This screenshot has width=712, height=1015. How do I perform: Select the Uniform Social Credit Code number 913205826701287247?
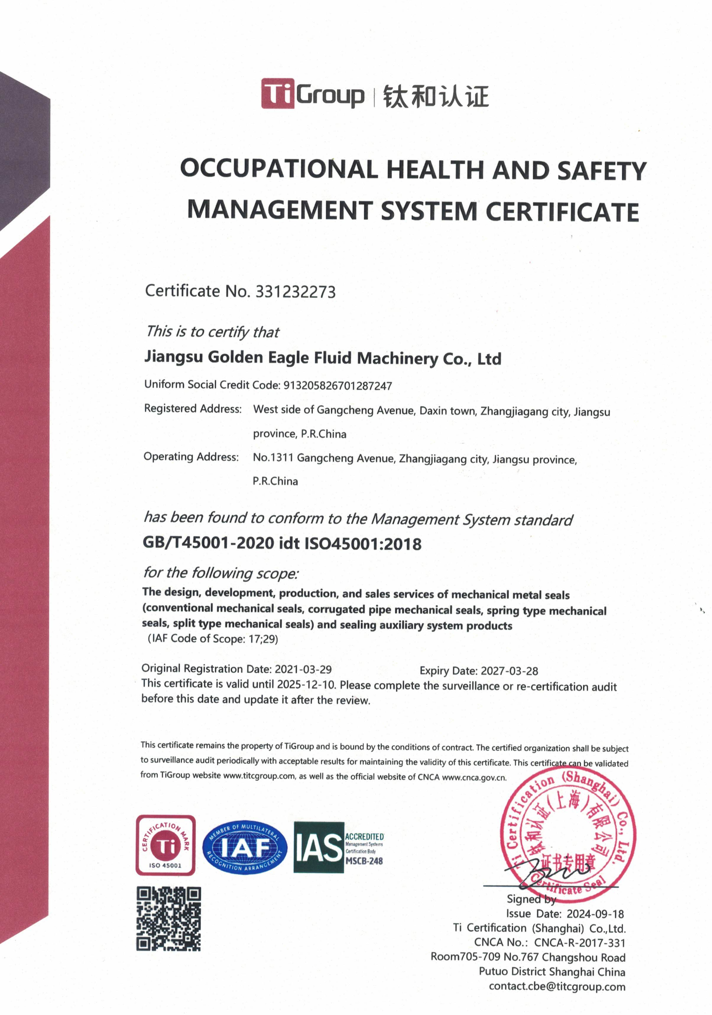point(338,386)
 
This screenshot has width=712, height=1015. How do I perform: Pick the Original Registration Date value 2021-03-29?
point(303,669)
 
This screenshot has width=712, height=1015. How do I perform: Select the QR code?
point(169,919)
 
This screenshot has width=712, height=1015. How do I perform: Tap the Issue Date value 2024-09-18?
point(595,914)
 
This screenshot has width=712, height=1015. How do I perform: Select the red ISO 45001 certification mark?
point(165,845)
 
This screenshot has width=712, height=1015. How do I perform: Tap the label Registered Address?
point(193,409)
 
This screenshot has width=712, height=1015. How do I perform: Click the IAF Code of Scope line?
point(213,639)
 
